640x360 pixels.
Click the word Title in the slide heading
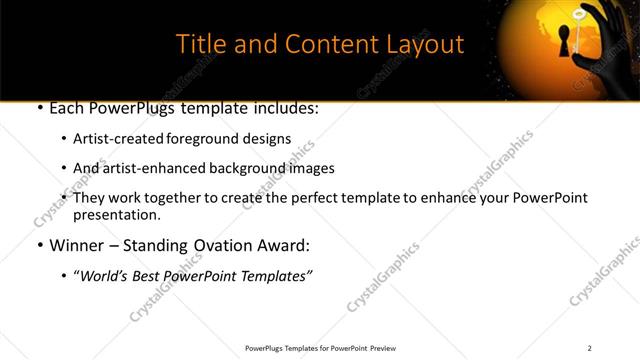200,44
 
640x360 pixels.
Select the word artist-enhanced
148,168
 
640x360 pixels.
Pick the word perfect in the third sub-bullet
341,198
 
